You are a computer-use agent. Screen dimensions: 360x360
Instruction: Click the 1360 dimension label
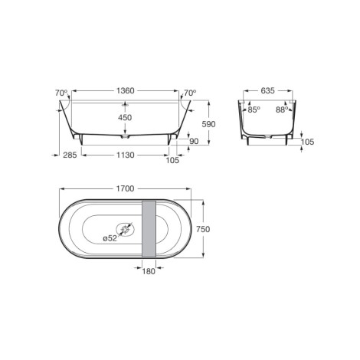[x=126, y=90]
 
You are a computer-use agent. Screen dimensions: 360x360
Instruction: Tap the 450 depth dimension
[x=125, y=118]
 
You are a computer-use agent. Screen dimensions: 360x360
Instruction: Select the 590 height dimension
[x=208, y=124]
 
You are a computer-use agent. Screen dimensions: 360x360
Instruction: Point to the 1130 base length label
[x=126, y=155]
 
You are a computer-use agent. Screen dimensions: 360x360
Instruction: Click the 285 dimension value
[x=70, y=155]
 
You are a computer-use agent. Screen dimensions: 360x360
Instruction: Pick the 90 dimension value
[x=194, y=141]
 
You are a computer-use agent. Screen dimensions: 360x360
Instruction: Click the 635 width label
[x=267, y=90]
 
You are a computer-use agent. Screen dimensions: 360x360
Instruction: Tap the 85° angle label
[x=254, y=110]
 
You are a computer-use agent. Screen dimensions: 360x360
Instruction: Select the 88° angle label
[x=282, y=110]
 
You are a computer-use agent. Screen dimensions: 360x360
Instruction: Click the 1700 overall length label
[x=125, y=188]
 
